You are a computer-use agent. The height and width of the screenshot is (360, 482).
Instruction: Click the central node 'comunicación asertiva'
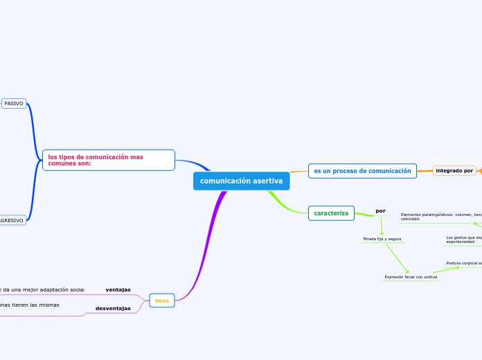(241, 181)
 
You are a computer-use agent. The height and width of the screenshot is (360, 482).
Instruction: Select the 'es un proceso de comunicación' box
(362, 171)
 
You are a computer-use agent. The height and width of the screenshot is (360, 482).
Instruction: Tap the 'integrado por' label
(454, 170)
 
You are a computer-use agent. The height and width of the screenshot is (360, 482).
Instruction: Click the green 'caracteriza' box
(331, 213)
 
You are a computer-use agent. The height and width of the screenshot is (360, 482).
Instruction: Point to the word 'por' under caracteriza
(380, 211)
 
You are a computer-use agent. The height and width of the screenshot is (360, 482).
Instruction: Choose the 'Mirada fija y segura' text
(382, 239)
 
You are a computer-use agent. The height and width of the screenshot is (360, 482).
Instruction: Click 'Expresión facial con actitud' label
(411, 277)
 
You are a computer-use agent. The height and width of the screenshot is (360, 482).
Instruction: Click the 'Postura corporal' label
(463, 263)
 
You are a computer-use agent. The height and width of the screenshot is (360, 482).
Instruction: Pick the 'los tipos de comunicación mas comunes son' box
(108, 160)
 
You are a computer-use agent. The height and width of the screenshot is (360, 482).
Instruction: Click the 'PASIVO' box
(14, 103)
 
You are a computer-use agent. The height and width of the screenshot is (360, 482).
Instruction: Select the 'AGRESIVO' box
(12, 220)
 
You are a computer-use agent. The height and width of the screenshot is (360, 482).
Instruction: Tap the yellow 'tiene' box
(162, 300)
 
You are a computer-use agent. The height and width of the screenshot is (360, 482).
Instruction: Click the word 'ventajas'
(118, 289)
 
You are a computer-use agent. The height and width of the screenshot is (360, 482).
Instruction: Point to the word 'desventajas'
(113, 308)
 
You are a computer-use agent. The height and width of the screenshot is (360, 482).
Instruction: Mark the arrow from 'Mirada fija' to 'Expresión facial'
(397, 258)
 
